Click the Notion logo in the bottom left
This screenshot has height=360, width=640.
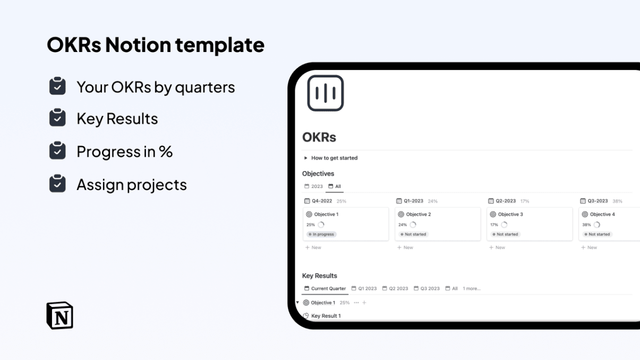[x=59, y=315]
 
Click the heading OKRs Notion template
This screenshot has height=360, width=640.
[x=156, y=45]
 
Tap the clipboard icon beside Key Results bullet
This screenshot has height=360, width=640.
[x=57, y=118]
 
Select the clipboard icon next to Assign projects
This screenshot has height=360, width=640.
[x=57, y=184]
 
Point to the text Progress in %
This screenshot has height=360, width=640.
[x=125, y=152]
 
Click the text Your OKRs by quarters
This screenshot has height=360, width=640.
[x=156, y=87]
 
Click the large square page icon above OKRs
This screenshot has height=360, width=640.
[x=325, y=93]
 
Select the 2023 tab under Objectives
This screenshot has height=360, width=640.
[x=314, y=186]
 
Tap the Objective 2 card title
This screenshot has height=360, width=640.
[x=418, y=215]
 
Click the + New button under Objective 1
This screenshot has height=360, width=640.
[x=313, y=247]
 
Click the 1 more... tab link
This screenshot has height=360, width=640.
[x=471, y=289]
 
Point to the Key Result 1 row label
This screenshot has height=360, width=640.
[x=326, y=316]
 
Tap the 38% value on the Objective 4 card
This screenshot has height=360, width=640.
[x=586, y=225]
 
